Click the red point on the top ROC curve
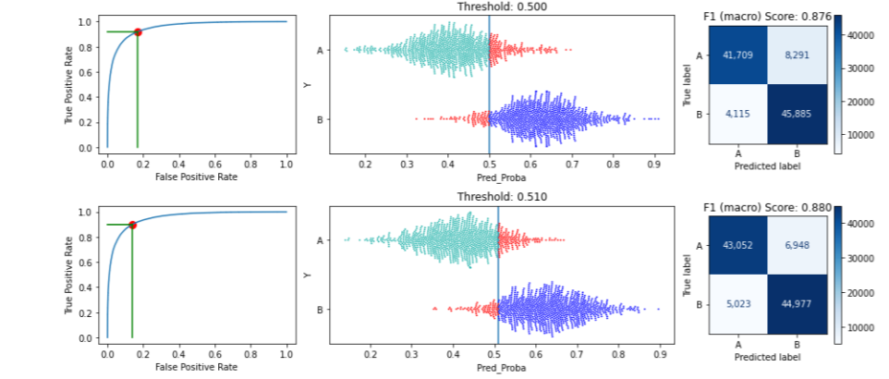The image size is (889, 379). tap(138, 31)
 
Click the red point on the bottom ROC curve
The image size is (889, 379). tap(132, 225)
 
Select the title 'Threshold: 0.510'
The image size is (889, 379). tap(496, 197)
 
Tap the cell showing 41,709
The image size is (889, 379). tap(738, 55)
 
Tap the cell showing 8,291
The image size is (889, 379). tap(796, 55)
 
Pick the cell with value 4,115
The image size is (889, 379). tap(738, 114)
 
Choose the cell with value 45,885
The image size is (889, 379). tap(796, 114)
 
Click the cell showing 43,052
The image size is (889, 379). tap(738, 245)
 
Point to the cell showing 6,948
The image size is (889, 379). tap(796, 245)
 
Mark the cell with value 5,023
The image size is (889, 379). tap(738, 305)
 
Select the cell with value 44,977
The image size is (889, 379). tap(796, 305)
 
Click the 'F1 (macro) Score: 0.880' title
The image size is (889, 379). tap(767, 207)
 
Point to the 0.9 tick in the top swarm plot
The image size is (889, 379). tap(654, 163)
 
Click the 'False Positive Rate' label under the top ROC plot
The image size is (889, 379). tap(197, 177)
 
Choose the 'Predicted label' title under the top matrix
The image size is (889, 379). tap(767, 166)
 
